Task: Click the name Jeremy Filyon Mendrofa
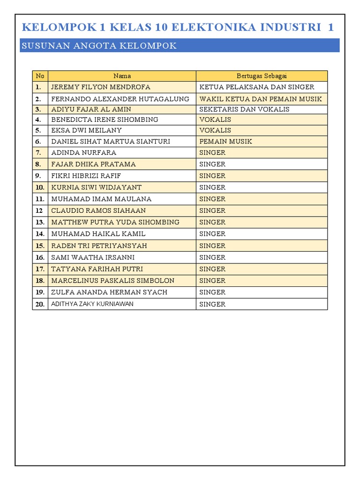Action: click(x=101, y=87)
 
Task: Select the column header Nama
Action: click(x=122, y=76)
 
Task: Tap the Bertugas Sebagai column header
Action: click(x=262, y=76)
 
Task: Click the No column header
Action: click(x=40, y=76)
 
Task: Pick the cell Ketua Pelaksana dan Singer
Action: click(x=257, y=87)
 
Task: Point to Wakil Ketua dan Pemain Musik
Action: click(x=261, y=99)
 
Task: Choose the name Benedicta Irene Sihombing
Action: click(x=105, y=120)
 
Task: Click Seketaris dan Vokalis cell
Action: click(x=244, y=109)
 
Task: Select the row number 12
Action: click(x=39, y=211)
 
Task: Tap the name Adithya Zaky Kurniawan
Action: click(x=92, y=304)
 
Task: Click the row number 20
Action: click(x=40, y=304)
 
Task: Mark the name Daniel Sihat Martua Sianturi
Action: click(x=111, y=141)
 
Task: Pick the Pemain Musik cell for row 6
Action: click(x=226, y=141)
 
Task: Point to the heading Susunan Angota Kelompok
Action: click(x=99, y=46)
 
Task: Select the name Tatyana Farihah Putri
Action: click(x=97, y=269)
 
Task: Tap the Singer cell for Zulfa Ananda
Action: click(x=212, y=292)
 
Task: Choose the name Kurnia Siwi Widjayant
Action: click(x=96, y=187)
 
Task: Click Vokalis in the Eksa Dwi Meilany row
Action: click(x=215, y=130)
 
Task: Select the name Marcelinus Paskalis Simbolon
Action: click(x=112, y=281)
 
